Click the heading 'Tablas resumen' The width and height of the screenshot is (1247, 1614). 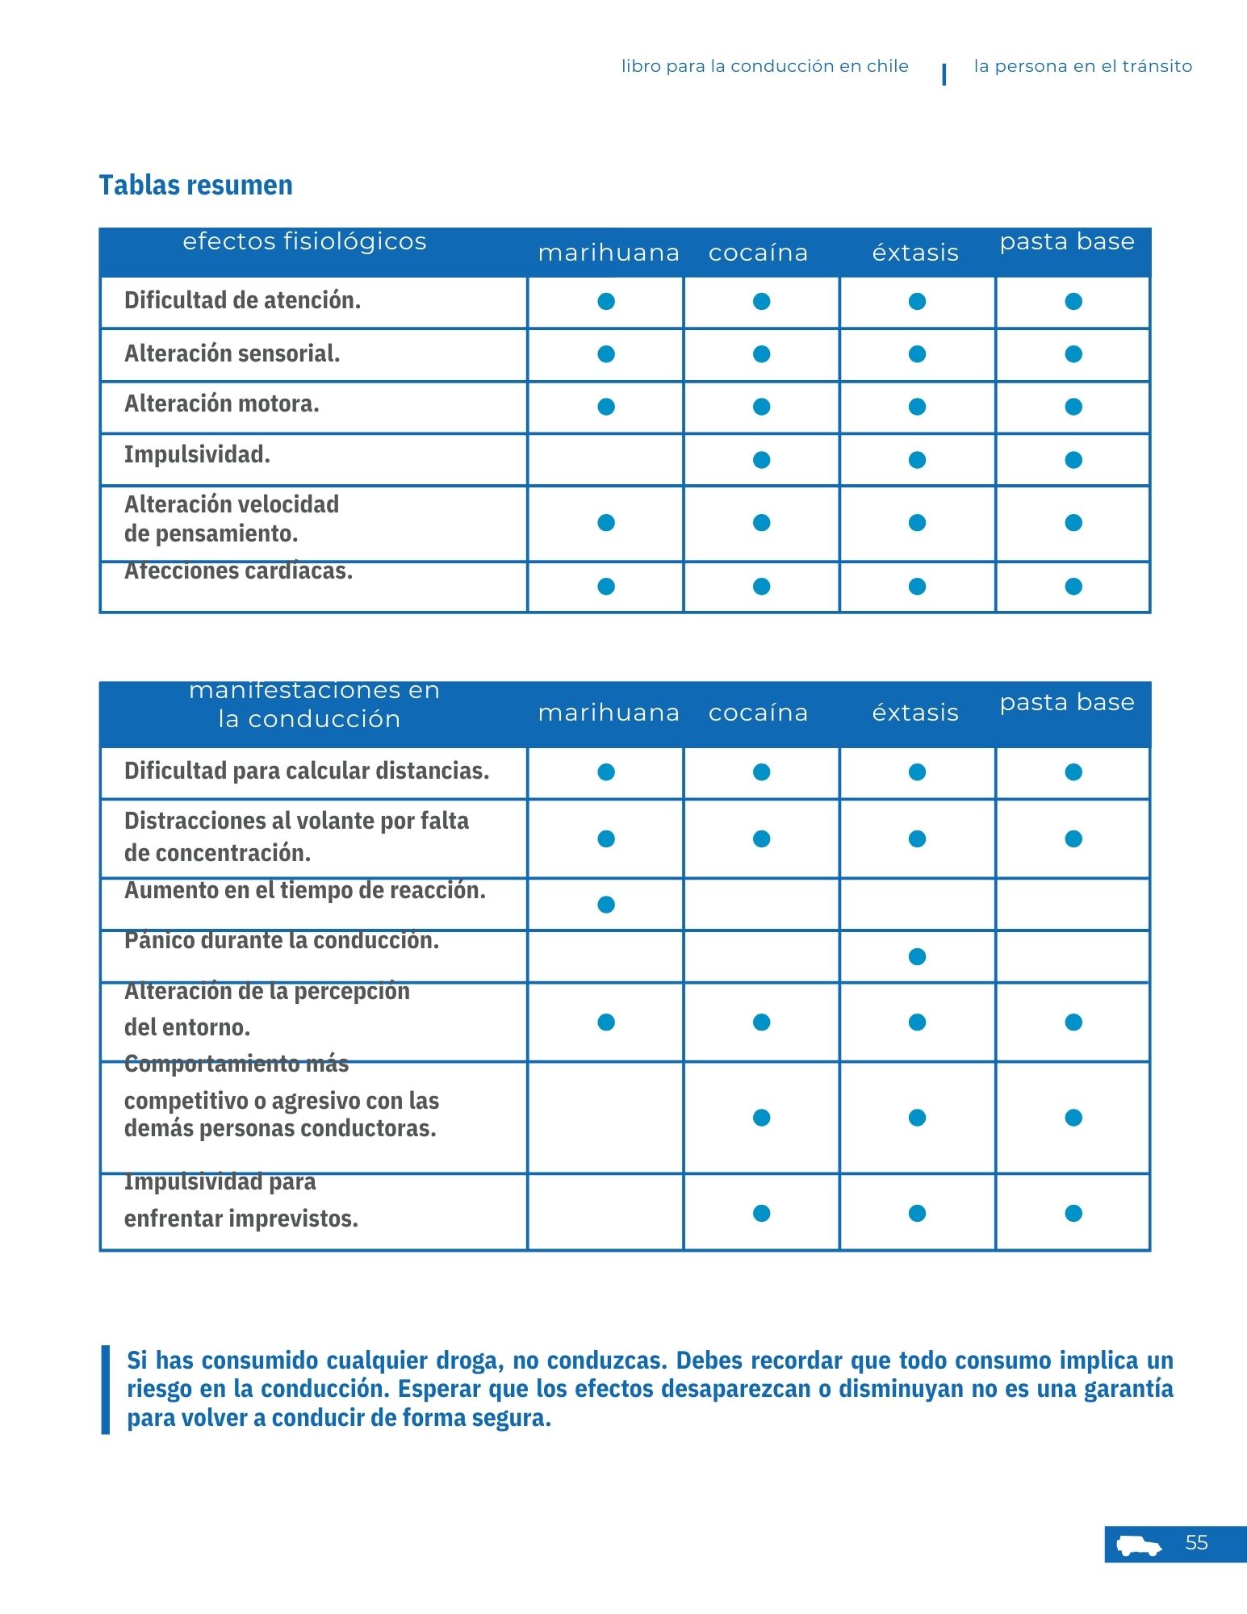[x=195, y=185]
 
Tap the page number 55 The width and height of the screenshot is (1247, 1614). [x=1196, y=1542]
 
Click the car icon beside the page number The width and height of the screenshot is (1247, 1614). [x=1139, y=1545]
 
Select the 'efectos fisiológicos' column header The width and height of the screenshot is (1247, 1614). [x=304, y=241]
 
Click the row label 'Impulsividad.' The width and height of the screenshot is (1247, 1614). [x=197, y=454]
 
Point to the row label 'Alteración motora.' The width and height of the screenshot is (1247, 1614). [x=221, y=403]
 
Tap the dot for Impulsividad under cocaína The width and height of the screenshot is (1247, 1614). [x=761, y=460]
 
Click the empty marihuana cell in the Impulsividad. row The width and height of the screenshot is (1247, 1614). [x=605, y=460]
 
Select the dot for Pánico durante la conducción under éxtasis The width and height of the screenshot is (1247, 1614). [x=917, y=957]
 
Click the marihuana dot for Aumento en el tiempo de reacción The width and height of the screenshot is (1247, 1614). [x=606, y=905]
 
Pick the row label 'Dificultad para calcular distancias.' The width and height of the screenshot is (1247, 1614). [x=307, y=771]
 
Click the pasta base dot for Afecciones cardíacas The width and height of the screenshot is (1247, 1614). [x=1073, y=587]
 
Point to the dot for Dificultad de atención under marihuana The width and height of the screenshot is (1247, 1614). [x=606, y=301]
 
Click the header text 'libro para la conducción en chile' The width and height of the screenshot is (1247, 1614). [x=764, y=66]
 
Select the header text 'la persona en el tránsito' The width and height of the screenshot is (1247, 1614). [x=1082, y=66]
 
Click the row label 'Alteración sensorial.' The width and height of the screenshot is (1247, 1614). [x=232, y=353]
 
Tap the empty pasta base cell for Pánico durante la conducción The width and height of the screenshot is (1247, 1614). [x=1073, y=957]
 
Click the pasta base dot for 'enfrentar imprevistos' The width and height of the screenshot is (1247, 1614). [x=1073, y=1214]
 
